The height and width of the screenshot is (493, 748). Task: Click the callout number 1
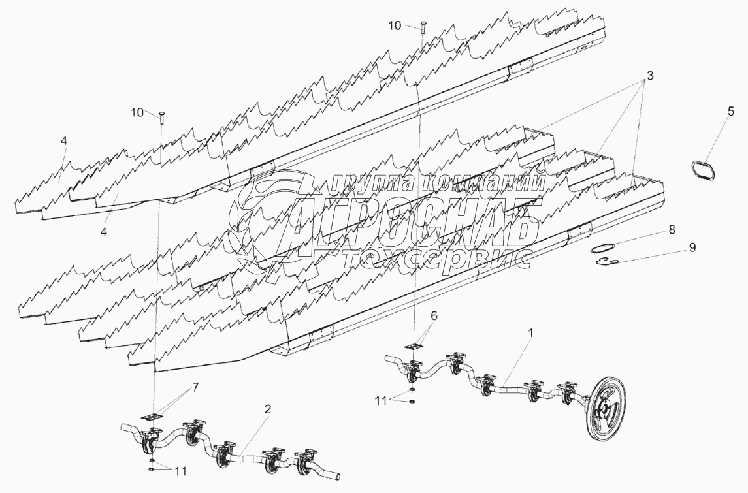[531, 332]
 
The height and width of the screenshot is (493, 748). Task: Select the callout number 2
[268, 409]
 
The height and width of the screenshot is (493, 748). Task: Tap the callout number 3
[650, 75]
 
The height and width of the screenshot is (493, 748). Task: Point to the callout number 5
[731, 112]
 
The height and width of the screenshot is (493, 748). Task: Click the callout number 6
[434, 315]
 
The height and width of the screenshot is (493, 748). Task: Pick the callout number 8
[672, 230]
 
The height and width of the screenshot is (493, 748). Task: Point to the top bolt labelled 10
[422, 27]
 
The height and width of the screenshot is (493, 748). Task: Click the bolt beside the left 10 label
[161, 118]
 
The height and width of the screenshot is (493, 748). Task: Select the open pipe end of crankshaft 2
[337, 475]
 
